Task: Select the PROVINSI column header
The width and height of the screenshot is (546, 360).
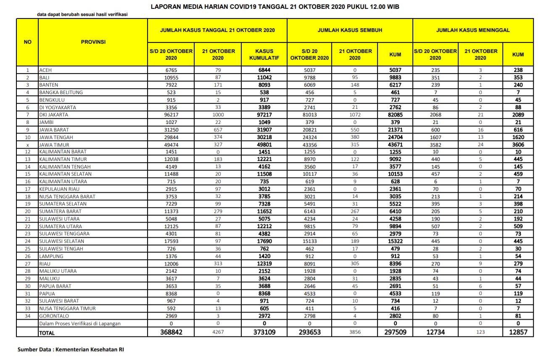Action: (93, 42)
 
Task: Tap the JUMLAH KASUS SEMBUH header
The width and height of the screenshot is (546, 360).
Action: (350, 30)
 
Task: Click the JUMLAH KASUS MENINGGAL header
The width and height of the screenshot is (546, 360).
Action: (473, 30)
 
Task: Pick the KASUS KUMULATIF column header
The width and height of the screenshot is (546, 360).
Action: (264, 54)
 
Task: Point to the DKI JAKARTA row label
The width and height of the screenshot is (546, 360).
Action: (53, 115)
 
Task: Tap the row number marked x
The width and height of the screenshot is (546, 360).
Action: (27, 145)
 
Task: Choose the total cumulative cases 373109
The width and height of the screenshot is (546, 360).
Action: (264, 332)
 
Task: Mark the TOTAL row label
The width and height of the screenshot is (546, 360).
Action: (47, 333)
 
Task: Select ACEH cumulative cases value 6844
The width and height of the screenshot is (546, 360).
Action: (264, 70)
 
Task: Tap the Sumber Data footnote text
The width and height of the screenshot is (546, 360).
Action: (70, 349)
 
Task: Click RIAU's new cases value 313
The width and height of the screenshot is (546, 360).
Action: (218, 264)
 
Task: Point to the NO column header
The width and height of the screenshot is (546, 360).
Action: (27, 42)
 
